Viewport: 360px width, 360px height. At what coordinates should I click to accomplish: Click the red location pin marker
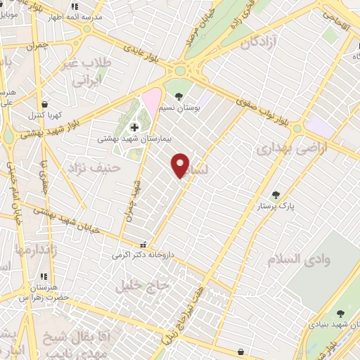(181, 165)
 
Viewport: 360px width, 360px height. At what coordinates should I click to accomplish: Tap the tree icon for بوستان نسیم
(179, 96)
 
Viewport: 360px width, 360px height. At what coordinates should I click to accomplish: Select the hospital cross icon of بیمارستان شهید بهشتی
(135, 127)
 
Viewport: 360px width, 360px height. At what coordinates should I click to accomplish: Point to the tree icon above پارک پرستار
(276, 195)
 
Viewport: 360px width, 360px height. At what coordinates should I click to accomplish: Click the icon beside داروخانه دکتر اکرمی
(144, 245)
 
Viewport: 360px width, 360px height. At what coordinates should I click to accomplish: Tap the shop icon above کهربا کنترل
(45, 103)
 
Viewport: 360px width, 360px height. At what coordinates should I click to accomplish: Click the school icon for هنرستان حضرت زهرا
(44, 276)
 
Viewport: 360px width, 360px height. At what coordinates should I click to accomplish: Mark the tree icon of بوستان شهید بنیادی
(340, 314)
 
